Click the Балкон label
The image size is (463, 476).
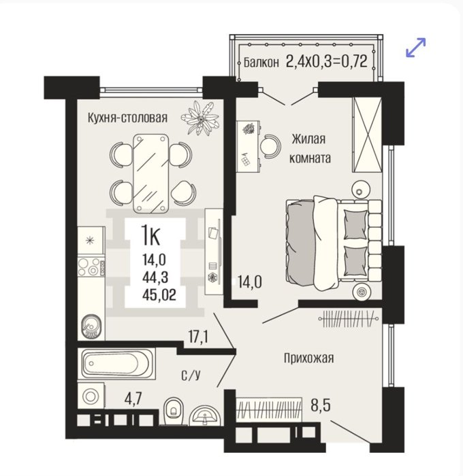[x=261, y=63]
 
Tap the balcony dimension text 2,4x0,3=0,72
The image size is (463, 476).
[x=327, y=61]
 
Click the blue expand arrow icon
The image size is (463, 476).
[x=416, y=47]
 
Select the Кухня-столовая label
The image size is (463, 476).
[x=128, y=118]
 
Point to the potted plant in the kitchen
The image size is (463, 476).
[x=200, y=118]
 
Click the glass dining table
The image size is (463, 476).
[x=151, y=173]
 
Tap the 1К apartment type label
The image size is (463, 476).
[x=150, y=236]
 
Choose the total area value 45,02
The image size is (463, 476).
[x=159, y=294]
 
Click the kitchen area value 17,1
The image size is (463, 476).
[x=198, y=337]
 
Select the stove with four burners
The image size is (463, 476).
[x=91, y=267]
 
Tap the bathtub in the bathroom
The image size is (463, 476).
[x=116, y=363]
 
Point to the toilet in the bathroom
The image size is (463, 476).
[x=174, y=411]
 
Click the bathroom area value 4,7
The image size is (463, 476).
[x=133, y=399]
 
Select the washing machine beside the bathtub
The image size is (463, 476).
[x=91, y=396]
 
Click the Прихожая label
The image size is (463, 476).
[x=309, y=358]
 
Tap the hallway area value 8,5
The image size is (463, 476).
[x=321, y=405]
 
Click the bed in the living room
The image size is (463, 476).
[x=334, y=243]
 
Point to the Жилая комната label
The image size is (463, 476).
[x=310, y=149]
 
